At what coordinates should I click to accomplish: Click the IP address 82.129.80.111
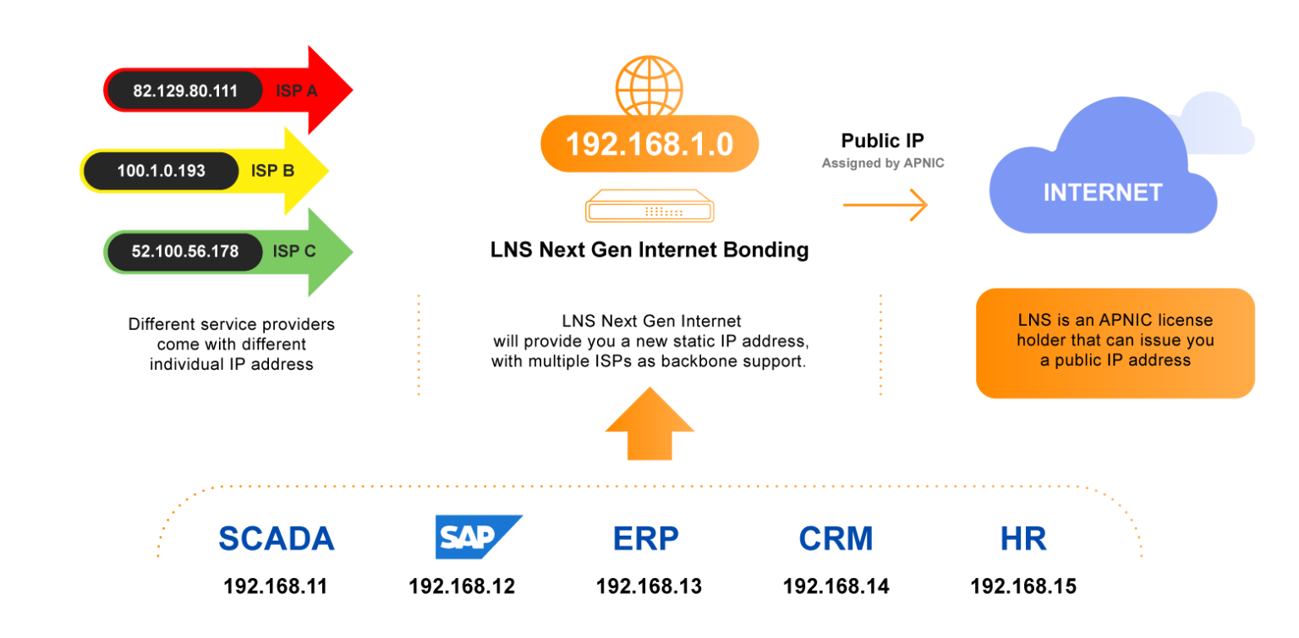[185, 91]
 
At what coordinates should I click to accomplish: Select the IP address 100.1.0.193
[161, 171]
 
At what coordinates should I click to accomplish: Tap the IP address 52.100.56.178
[185, 252]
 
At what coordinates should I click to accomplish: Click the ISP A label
[296, 91]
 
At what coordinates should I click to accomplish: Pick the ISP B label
[272, 171]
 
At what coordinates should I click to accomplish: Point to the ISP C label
[294, 252]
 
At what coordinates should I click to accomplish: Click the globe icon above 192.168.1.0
[649, 86]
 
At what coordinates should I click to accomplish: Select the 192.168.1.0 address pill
[649, 144]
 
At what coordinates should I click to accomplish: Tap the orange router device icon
[649, 206]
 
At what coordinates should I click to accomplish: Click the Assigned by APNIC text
[882, 163]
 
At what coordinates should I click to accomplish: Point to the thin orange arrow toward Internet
[885, 205]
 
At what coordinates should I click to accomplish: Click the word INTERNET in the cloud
[1103, 193]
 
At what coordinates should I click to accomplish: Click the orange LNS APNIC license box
[1115, 343]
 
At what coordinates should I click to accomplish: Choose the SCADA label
[277, 539]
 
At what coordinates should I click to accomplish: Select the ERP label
[645, 539]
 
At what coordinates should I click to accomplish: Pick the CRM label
[836, 539]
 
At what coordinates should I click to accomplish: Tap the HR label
[1023, 539]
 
